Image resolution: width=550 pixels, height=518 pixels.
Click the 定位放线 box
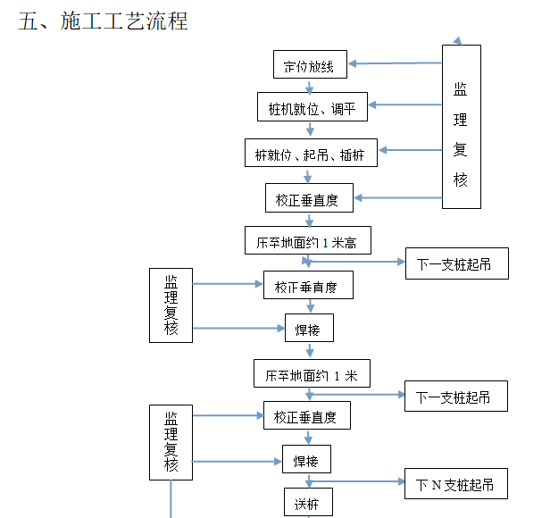point(310,65)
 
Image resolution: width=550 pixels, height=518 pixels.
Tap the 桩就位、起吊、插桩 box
point(311,153)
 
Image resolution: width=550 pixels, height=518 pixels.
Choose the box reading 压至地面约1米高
point(307,241)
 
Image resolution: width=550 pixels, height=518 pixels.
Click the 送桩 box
point(308,502)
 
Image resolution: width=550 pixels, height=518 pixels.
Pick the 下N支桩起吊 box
point(455,485)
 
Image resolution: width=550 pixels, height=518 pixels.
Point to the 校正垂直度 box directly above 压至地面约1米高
point(309,198)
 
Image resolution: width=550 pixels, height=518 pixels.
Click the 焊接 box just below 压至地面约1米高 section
point(309,328)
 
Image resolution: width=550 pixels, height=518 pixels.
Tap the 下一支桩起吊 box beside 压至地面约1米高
point(456,263)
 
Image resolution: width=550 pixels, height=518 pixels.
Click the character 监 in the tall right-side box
point(461,89)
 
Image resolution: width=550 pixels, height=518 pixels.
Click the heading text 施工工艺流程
point(124,21)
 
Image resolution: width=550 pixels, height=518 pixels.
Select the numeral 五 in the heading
point(28,21)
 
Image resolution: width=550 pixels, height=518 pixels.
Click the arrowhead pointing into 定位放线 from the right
point(354,63)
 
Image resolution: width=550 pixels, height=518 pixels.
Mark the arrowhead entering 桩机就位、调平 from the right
point(372,105)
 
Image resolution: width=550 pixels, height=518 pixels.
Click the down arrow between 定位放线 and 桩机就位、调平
point(310,88)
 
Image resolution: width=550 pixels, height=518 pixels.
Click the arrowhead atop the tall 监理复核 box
point(458,41)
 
